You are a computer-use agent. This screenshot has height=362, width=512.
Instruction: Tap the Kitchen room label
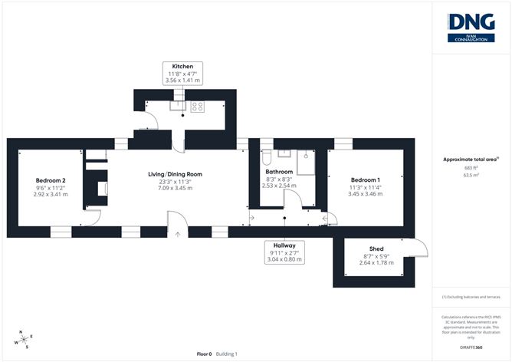182,67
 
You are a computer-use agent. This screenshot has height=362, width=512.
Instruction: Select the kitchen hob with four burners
196,107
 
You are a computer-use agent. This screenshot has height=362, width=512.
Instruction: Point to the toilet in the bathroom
266,156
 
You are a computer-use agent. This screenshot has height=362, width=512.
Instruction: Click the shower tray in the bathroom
305,162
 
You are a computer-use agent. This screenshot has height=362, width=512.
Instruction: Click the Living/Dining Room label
175,174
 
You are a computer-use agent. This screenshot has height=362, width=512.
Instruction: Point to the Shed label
376,249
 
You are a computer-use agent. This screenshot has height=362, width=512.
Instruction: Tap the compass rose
25,338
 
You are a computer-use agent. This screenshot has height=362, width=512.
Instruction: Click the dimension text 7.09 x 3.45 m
175,188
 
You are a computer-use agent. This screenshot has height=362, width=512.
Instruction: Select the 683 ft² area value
471,167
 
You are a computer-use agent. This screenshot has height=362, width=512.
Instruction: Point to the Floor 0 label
204,354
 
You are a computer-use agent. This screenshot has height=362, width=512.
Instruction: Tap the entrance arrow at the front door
177,235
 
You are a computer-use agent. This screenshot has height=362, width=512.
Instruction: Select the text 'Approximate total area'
469,159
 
